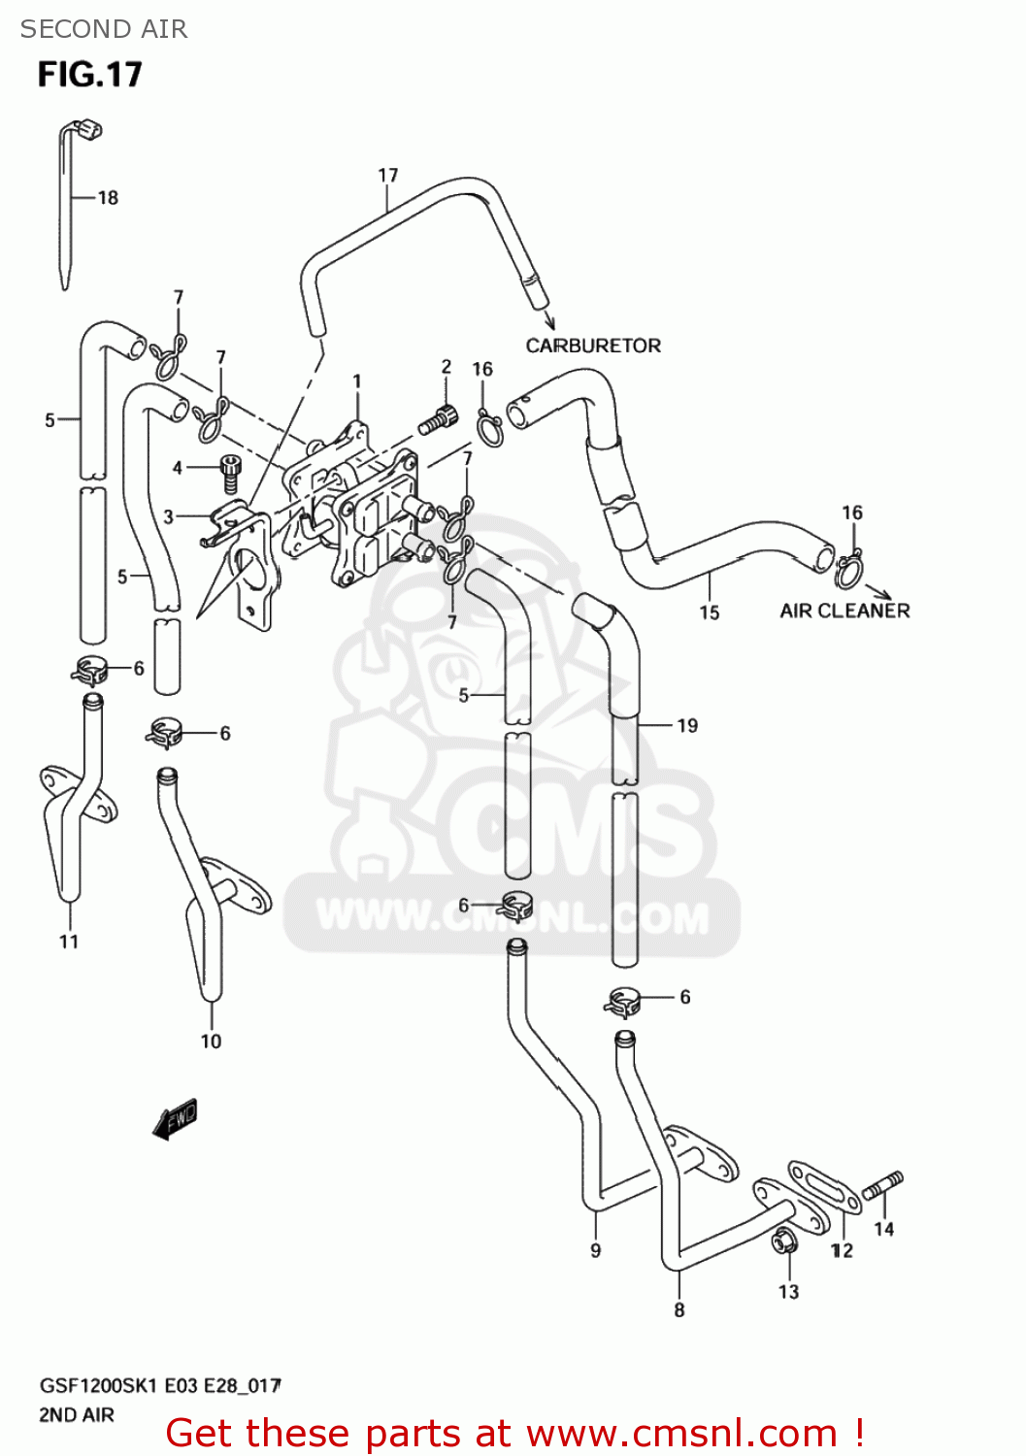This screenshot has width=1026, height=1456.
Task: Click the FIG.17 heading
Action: tap(89, 75)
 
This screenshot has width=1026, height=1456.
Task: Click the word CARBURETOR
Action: tap(593, 346)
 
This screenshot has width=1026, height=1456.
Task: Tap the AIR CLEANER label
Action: tap(844, 611)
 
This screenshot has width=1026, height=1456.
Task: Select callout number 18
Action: tap(108, 198)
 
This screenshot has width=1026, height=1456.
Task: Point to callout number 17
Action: tap(387, 176)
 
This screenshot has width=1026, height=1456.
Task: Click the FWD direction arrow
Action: tap(176, 1118)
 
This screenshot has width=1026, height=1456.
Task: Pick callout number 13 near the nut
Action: tap(788, 1292)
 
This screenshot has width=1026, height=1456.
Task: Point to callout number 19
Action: tap(687, 726)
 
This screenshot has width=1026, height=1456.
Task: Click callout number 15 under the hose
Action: tap(710, 612)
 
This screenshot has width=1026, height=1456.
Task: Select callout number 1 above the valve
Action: tap(357, 381)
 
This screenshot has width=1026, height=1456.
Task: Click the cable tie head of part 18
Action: tap(88, 128)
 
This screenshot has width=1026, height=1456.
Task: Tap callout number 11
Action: tap(69, 942)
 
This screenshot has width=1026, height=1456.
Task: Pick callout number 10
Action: tap(211, 1042)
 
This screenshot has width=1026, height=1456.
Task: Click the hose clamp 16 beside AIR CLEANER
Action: tap(848, 570)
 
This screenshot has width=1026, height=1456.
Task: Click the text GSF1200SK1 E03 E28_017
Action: tap(160, 1385)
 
